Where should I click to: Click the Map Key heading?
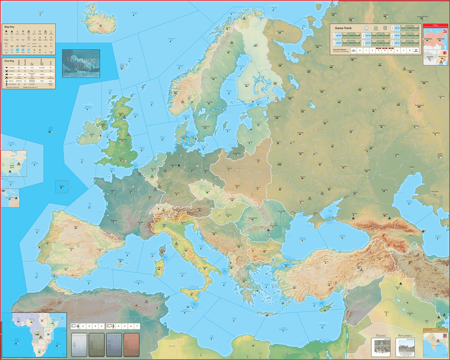pos(9,27)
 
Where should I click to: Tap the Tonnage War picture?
pos(81,63)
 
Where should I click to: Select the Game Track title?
pos(343,28)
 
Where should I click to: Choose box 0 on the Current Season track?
pos(360,50)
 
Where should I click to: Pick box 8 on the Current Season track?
pos(410,50)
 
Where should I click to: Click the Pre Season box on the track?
pos(353,50)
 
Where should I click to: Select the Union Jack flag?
pos(445,336)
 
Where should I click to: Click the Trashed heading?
pos(380,336)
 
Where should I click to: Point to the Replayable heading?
pos(405,336)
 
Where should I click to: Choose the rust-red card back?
pos(131,344)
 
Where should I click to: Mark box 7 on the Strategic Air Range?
pos(138,326)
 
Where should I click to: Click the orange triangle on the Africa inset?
pos(40,337)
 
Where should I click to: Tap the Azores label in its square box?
pos(62,187)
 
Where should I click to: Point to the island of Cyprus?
pos(326,306)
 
